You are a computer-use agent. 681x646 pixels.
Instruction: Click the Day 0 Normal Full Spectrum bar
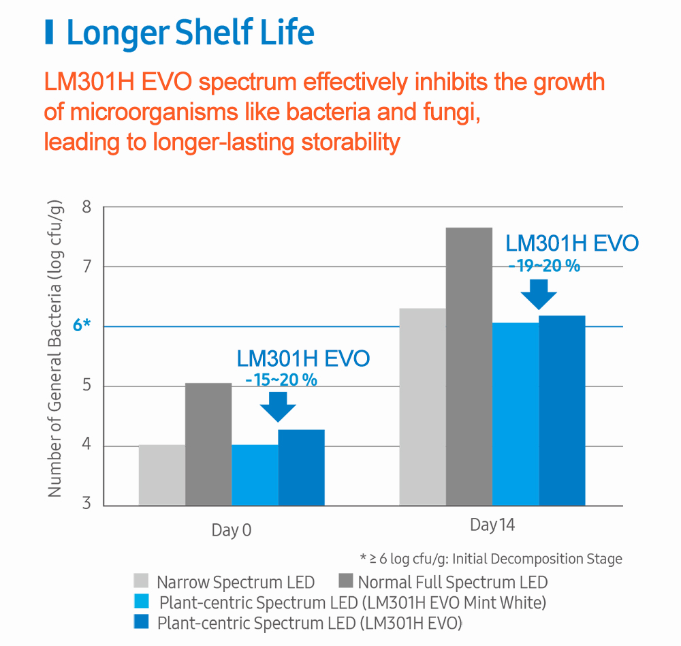pos(208,444)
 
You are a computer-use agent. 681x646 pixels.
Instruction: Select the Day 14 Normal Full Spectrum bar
pos(469,367)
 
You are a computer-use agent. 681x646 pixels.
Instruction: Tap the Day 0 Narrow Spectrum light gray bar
pos(161,475)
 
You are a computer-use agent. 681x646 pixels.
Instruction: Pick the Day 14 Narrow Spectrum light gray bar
pos(422,407)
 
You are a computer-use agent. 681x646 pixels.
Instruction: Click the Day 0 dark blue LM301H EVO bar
pos(301,467)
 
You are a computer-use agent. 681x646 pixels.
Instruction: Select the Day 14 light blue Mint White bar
pos(516,414)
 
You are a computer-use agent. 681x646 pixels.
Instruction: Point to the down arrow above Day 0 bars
pos(278,406)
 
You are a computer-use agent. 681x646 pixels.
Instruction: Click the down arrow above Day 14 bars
pos(539,292)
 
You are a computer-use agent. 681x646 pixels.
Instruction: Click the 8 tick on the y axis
pos(86,207)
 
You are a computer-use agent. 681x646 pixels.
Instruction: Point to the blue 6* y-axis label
pos(82,326)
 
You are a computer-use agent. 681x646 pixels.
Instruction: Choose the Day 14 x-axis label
pos(492,525)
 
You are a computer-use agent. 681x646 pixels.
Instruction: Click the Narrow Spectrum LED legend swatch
pos(142,581)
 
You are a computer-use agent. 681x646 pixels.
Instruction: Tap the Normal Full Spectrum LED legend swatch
pos(345,581)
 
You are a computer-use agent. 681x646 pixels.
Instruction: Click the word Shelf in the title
pos(228,33)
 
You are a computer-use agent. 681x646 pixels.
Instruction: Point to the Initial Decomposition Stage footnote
pos(490,559)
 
